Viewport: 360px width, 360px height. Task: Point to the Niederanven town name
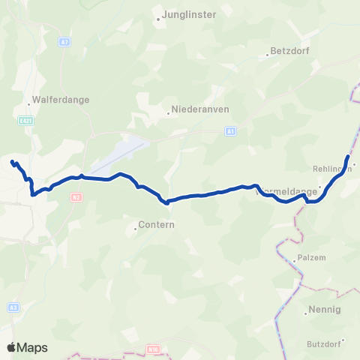pyautogui.click(x=200, y=108)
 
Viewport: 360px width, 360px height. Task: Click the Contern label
pyautogui.click(x=157, y=224)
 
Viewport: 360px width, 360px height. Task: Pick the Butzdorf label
pyautogui.click(x=324, y=343)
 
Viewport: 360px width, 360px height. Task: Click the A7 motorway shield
pyautogui.click(x=65, y=42)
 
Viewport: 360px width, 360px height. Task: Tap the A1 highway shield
pyautogui.click(x=230, y=131)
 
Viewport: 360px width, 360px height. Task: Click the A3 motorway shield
pyautogui.click(x=13, y=307)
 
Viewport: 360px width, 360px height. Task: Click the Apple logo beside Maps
pyautogui.click(x=11, y=347)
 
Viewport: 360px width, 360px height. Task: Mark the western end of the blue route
pyautogui.click(x=11, y=161)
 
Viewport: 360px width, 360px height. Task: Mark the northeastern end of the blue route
pyautogui.click(x=347, y=156)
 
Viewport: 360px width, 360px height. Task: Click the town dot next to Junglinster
pyautogui.click(x=159, y=19)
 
